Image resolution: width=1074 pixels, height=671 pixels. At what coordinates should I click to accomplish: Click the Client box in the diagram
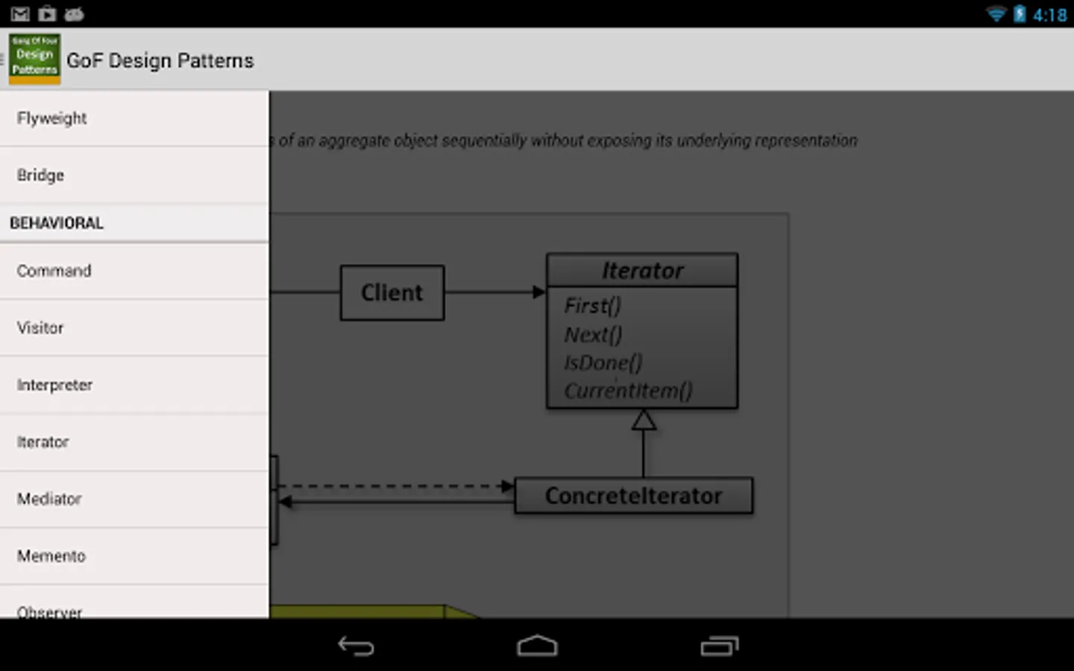tap(392, 293)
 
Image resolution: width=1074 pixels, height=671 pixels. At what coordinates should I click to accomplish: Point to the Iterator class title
tap(642, 271)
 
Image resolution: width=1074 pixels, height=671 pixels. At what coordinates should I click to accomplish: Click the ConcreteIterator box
tap(634, 496)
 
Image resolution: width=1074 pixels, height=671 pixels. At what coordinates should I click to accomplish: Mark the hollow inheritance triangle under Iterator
tap(644, 420)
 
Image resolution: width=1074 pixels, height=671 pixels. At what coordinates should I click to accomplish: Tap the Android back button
tap(356, 646)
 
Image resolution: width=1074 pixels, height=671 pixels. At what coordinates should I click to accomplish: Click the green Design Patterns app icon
tap(35, 58)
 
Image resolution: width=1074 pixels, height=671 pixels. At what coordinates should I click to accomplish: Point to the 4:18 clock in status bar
tap(1049, 15)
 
